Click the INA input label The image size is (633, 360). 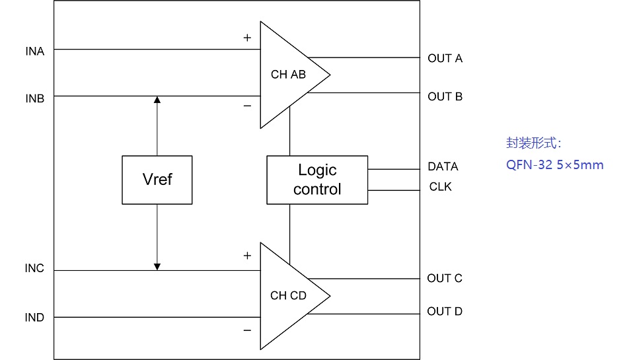34,51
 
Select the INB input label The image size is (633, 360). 34,98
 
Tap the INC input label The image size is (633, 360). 34,269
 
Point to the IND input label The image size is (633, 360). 34,318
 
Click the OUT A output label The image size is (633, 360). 445,58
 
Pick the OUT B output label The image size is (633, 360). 445,96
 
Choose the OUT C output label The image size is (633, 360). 444,278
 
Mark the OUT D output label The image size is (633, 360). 444,311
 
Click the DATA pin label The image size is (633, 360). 443,166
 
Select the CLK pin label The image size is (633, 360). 440,187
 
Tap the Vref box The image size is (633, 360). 157,180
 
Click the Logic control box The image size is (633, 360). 317,180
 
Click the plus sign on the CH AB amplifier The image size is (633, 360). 247,38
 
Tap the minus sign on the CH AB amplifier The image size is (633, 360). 247,106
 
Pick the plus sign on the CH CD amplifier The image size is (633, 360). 247,256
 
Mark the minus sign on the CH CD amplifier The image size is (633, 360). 247,330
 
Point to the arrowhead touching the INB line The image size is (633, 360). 157,100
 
